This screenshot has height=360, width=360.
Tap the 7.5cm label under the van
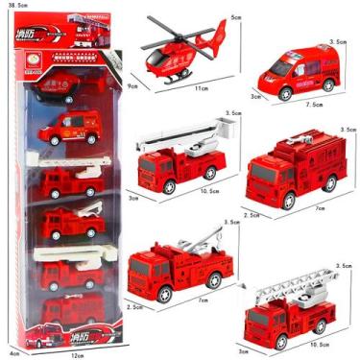(305, 107)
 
